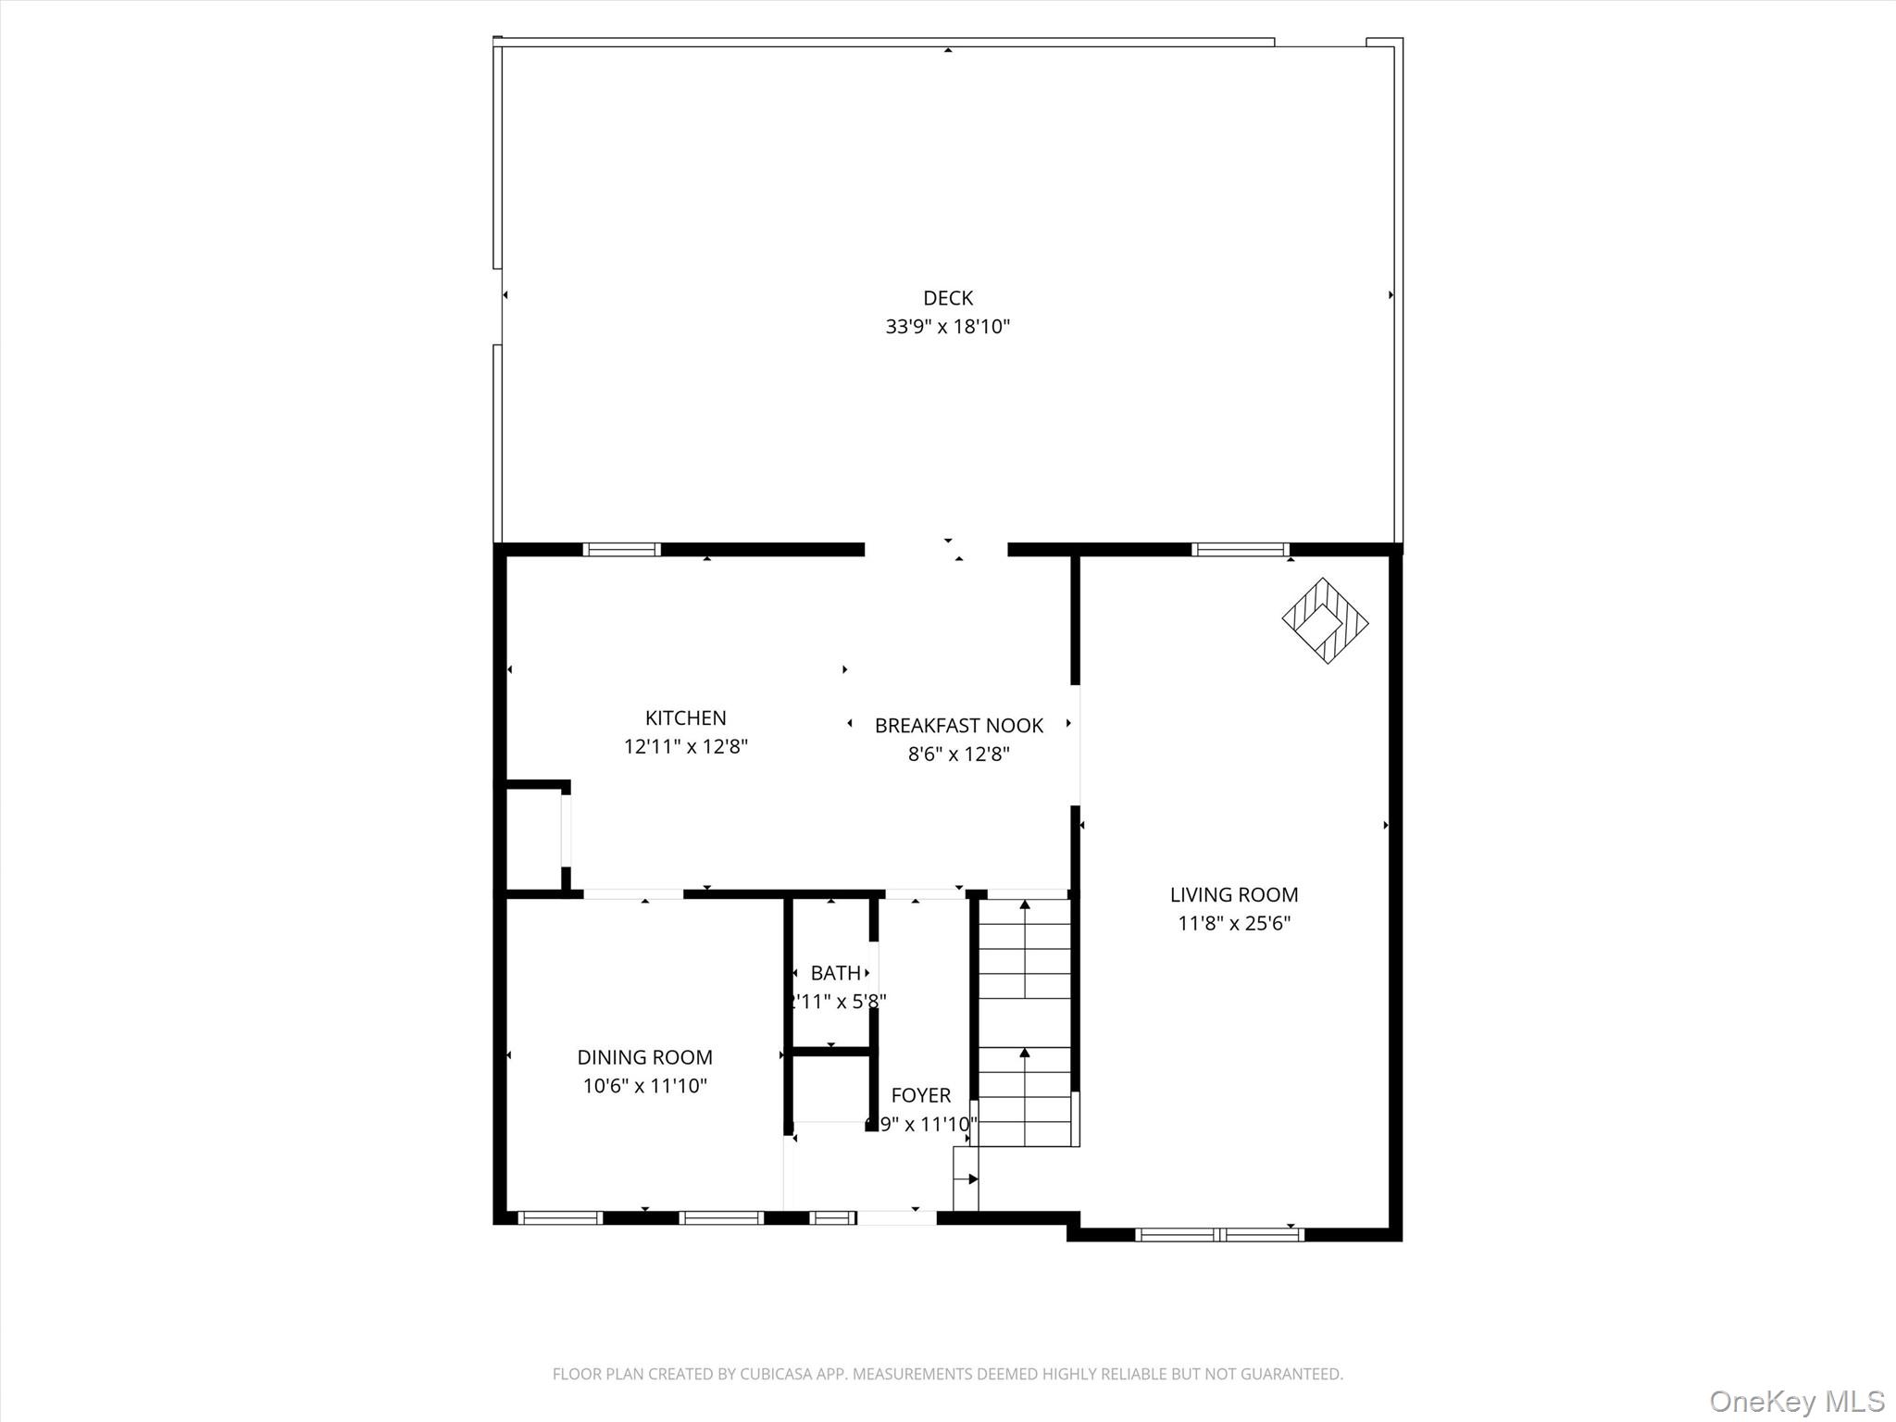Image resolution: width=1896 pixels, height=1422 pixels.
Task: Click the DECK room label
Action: coord(947,298)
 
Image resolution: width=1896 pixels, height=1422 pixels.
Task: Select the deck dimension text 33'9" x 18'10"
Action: coord(947,327)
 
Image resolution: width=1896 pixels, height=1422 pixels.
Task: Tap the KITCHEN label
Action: coord(685,717)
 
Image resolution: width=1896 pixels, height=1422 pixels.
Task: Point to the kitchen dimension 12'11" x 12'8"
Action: coord(685,746)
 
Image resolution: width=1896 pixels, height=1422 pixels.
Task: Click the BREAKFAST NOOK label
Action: coord(958,726)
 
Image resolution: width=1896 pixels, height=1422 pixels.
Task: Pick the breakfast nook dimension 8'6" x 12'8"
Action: coord(958,755)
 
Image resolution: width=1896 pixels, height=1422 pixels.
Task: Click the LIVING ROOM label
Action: coord(1233,894)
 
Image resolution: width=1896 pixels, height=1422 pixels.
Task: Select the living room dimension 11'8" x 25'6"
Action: coord(1233,923)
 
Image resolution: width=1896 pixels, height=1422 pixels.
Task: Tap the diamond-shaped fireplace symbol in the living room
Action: coord(1325,620)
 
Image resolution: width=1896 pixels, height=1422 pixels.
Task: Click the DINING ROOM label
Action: coord(644,1057)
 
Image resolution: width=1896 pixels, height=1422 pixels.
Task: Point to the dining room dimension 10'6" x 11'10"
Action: coord(644,1086)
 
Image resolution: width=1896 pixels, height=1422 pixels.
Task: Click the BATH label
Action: coord(835,973)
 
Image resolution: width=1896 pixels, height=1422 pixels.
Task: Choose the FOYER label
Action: coord(920,1096)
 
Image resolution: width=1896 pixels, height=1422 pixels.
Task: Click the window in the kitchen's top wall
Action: coord(621,550)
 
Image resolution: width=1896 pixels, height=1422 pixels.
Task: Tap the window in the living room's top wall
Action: coord(1240,550)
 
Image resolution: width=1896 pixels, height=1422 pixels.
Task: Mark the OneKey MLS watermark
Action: coord(1796,1401)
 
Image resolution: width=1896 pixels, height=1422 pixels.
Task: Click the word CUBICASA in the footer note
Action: coord(776,1375)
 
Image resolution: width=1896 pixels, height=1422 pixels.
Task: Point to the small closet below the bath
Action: coord(830,1088)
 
